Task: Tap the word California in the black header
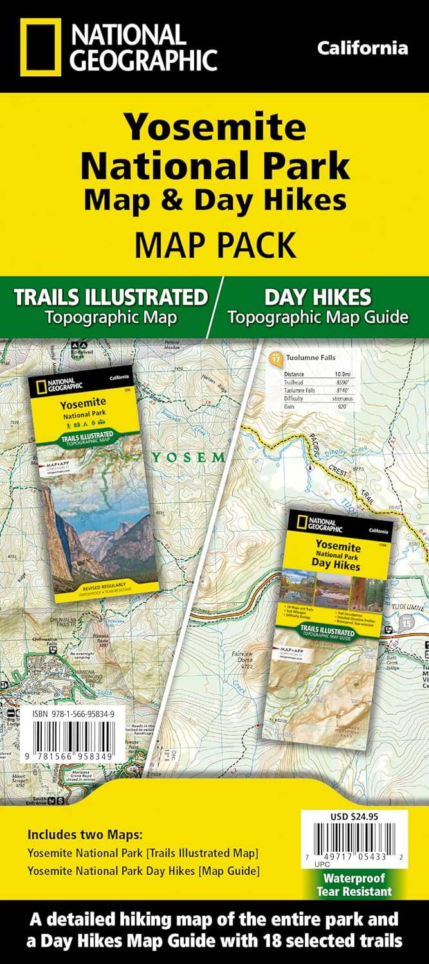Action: pos(363,48)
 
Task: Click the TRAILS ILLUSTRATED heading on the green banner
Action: pos(111,298)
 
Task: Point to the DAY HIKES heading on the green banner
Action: pos(317,297)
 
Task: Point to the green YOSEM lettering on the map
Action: pos(188,458)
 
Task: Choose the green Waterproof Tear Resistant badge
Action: pos(353,884)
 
